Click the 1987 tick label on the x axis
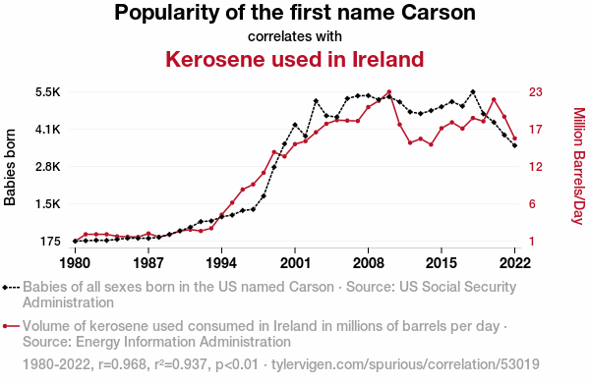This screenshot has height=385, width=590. (148, 263)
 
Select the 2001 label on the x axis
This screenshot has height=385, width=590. (295, 263)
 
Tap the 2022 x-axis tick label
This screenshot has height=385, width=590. (514, 263)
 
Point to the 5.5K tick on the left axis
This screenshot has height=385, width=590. (48, 92)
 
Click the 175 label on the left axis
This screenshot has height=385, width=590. (50, 241)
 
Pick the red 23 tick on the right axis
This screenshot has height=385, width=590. (536, 92)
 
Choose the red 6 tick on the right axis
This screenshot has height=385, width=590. (532, 203)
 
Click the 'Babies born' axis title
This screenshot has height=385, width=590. (10, 167)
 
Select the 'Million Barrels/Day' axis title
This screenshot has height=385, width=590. (579, 166)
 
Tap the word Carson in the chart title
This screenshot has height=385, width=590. (438, 13)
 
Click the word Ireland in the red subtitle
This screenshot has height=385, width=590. (388, 59)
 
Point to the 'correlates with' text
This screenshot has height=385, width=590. (295, 36)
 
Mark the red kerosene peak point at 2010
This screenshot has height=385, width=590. (389, 91)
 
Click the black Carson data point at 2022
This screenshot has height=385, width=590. (514, 145)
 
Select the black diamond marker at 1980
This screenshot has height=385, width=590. (76, 241)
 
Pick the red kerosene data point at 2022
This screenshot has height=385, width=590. (514, 138)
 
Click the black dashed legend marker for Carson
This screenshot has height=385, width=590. (11, 288)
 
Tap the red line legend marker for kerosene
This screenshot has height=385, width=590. (11, 326)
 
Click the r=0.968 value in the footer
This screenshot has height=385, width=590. (122, 364)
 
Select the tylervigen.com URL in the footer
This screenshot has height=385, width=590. (405, 364)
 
